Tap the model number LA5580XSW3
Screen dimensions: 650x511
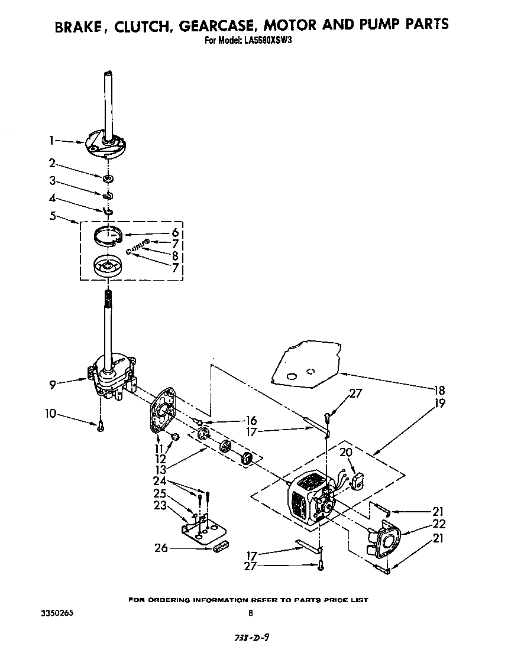click(x=266, y=41)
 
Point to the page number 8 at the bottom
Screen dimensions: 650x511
click(x=251, y=613)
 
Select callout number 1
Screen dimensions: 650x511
click(x=51, y=140)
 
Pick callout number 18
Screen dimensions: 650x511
click(x=439, y=391)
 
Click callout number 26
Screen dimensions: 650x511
click(x=160, y=548)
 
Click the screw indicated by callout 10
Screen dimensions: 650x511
click(x=101, y=424)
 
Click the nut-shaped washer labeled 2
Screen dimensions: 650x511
click(x=108, y=178)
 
